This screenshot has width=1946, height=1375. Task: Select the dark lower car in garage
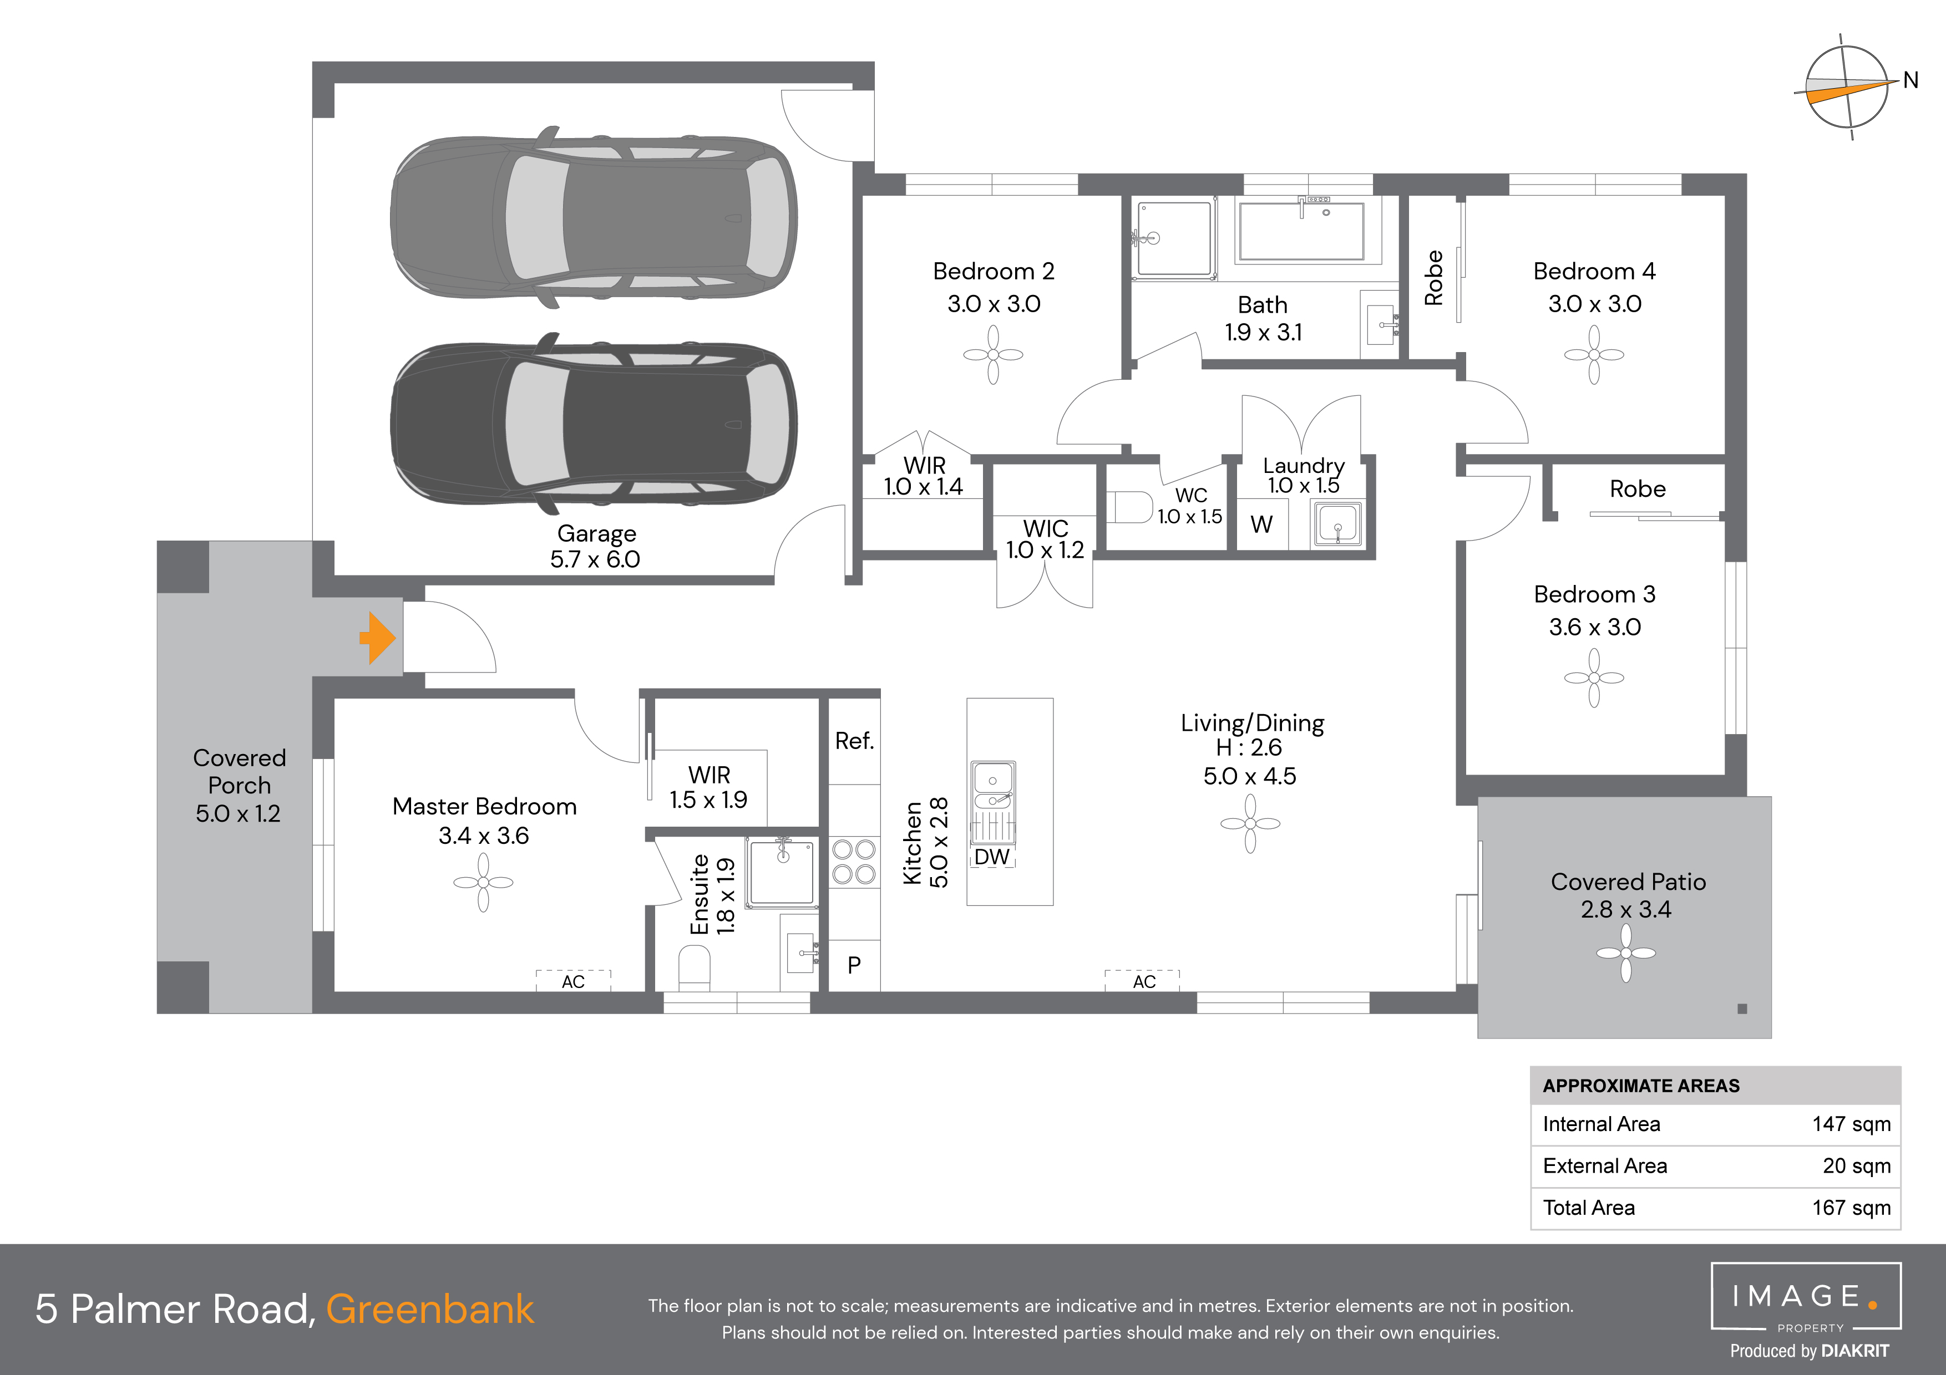click(x=594, y=424)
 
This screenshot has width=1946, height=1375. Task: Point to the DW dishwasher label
click(x=992, y=857)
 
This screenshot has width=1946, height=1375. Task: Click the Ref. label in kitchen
click(x=854, y=741)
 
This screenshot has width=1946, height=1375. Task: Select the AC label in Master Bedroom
click(x=573, y=981)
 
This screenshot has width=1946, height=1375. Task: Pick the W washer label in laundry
click(x=1261, y=525)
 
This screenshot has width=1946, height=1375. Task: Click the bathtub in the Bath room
click(x=1301, y=231)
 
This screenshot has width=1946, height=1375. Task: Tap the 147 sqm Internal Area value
click(x=1851, y=1124)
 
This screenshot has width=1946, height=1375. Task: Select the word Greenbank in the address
click(x=430, y=1309)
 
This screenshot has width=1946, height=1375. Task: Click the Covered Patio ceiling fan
click(x=1625, y=953)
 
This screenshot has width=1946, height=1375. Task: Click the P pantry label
click(x=854, y=965)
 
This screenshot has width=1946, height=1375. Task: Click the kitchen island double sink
click(x=992, y=788)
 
